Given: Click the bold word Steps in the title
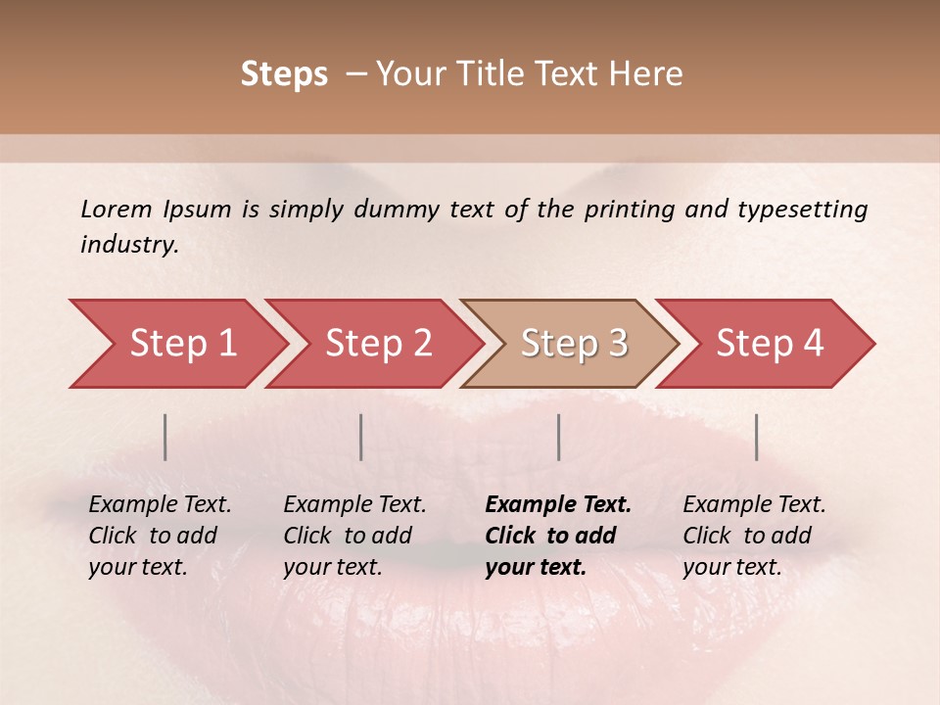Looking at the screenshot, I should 284,74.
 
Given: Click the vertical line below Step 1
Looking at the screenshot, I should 165,437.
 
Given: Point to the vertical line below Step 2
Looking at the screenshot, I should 361,437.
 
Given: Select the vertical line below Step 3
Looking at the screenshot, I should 559,437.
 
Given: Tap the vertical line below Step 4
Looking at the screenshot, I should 756,437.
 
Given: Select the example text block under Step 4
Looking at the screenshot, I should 754,536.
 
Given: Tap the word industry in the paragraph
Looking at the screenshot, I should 129,245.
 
